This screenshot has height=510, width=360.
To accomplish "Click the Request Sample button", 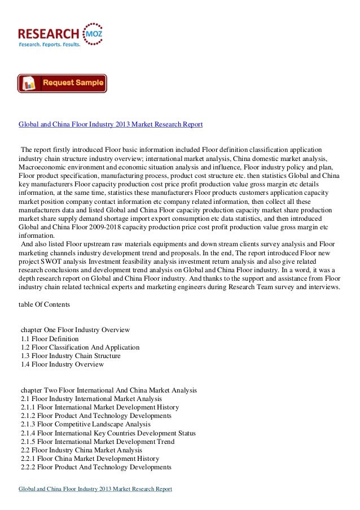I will click(x=62, y=83).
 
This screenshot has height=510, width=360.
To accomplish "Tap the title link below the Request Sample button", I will click(x=111, y=123).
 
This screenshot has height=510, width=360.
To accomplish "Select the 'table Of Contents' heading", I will click(x=44, y=304).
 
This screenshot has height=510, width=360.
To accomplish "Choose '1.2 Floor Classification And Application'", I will click(x=80, y=347).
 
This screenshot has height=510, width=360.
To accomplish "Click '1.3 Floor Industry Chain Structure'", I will click(x=70, y=356).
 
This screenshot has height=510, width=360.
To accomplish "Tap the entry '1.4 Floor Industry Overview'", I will click(x=62, y=365).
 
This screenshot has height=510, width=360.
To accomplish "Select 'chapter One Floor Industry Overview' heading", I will click(x=75, y=329).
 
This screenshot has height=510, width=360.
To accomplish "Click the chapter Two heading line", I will click(x=108, y=390).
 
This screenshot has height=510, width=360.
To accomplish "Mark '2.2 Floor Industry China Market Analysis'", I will click(x=77, y=450).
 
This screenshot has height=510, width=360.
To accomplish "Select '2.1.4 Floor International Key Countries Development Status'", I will click(x=108, y=433).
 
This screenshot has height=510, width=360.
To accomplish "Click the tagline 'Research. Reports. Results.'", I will click(x=50, y=44).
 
